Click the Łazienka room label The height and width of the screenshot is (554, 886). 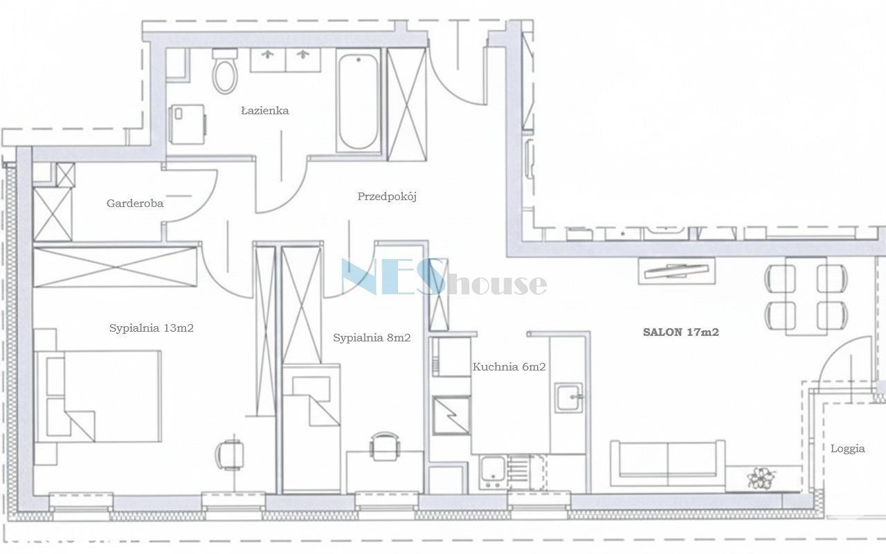[x=265, y=110]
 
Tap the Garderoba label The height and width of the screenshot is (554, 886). [x=135, y=204]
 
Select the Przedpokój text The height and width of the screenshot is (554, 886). [x=387, y=196]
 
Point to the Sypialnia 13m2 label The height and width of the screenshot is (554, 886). [x=152, y=328]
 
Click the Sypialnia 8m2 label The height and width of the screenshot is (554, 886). [x=372, y=337]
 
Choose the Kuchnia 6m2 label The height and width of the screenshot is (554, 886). [x=509, y=367]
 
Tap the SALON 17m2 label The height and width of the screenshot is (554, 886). [x=680, y=332]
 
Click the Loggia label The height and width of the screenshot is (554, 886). [x=848, y=449]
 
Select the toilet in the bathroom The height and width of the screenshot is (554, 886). [x=225, y=71]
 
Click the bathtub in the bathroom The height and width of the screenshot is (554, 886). [x=359, y=100]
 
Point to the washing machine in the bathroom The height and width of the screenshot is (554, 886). [x=187, y=124]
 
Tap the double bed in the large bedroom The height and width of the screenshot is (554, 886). [x=98, y=395]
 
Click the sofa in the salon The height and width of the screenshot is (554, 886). [x=668, y=463]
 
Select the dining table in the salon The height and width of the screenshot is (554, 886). [x=806, y=296]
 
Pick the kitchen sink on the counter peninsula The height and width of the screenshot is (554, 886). [x=569, y=397]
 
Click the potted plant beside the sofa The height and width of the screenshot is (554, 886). [x=760, y=478]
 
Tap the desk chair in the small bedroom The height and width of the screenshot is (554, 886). [x=384, y=446]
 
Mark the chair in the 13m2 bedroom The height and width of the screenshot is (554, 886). [x=230, y=455]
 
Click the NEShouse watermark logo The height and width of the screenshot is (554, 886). [x=444, y=277]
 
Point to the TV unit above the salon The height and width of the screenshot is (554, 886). [x=677, y=271]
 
